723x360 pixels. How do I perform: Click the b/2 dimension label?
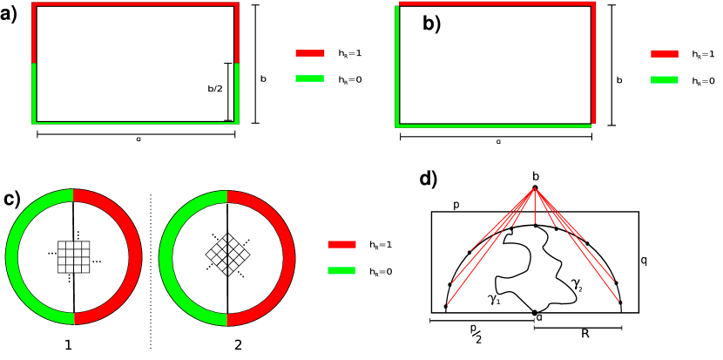pos(215,89)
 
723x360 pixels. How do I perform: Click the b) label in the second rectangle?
pos(431,24)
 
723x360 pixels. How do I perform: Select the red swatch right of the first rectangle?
pos(310,53)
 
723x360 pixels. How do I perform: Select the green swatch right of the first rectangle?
pos(309,78)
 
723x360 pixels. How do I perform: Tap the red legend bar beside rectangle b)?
pos(665,53)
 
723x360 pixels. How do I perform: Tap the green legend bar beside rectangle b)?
pos(665,79)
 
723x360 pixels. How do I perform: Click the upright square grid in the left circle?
pos(73,257)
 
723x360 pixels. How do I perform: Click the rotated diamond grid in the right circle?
pos(227,255)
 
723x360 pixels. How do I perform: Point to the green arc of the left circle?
pos(12,257)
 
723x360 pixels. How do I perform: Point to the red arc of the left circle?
pos(135,257)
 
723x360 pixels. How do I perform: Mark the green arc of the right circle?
pos(166,258)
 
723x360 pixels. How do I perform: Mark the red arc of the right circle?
pos(288,258)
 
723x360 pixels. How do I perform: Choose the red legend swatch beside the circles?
pos(341,245)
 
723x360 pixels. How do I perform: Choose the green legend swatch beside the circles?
pos(341,271)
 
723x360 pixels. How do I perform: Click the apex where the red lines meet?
pos(535,188)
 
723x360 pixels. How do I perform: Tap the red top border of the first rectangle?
pos(135,4)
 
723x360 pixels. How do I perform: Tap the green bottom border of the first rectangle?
pos(135,122)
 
